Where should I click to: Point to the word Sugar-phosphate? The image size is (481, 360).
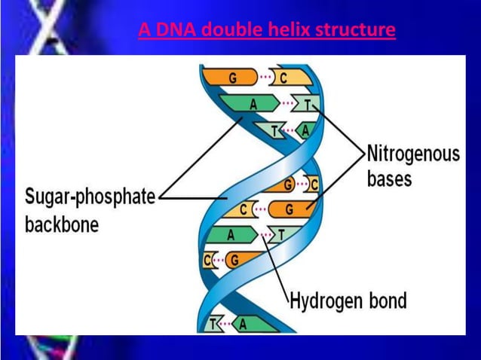(x=90, y=197)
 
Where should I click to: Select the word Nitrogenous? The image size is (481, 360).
(x=412, y=154)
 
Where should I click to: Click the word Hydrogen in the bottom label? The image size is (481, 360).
(x=328, y=302)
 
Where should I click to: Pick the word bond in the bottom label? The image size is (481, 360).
(x=388, y=302)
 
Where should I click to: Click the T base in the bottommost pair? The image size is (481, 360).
(x=213, y=324)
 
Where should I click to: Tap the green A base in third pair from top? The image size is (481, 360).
(x=305, y=130)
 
